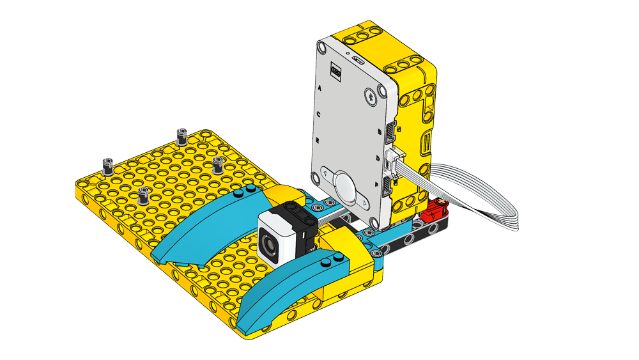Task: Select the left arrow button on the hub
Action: point(327,173)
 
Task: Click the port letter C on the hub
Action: point(318,114)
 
